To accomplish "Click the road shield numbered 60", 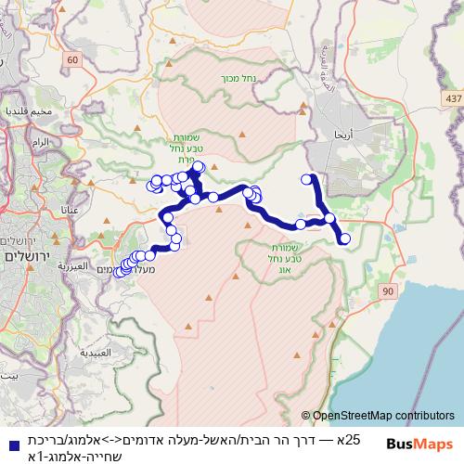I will point(73,60).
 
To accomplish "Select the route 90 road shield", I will point(386,292).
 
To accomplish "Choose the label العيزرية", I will point(73,265).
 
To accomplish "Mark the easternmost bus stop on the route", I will point(345,239).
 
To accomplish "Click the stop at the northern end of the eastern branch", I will point(308,179).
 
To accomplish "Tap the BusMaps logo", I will point(423,444).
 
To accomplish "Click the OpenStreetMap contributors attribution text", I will point(383,417).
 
